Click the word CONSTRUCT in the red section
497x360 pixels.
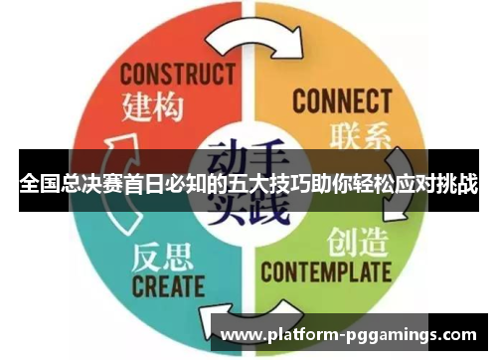pyautogui.click(x=178, y=75)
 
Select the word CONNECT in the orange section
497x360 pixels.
pyautogui.click(x=341, y=100)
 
